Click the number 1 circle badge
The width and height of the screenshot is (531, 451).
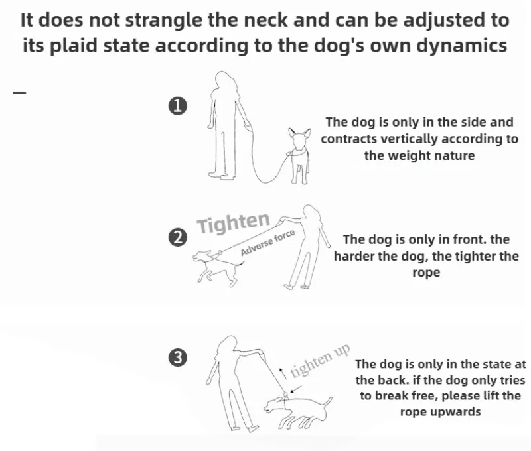coord(177,106)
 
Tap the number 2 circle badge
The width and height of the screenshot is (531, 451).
coord(177,237)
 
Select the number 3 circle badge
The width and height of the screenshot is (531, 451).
coord(177,357)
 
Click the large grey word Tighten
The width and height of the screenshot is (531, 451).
coord(234,223)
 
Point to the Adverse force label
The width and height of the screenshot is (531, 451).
coord(267,243)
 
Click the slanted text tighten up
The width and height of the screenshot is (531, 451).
coord(320,361)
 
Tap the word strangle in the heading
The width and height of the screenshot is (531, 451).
coord(165,21)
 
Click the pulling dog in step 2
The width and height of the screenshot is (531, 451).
coord(217,267)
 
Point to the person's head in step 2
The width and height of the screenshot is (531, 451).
coord(311,213)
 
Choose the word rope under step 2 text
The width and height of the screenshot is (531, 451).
coord(426,273)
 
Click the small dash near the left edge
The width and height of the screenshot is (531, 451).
coord(20,92)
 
